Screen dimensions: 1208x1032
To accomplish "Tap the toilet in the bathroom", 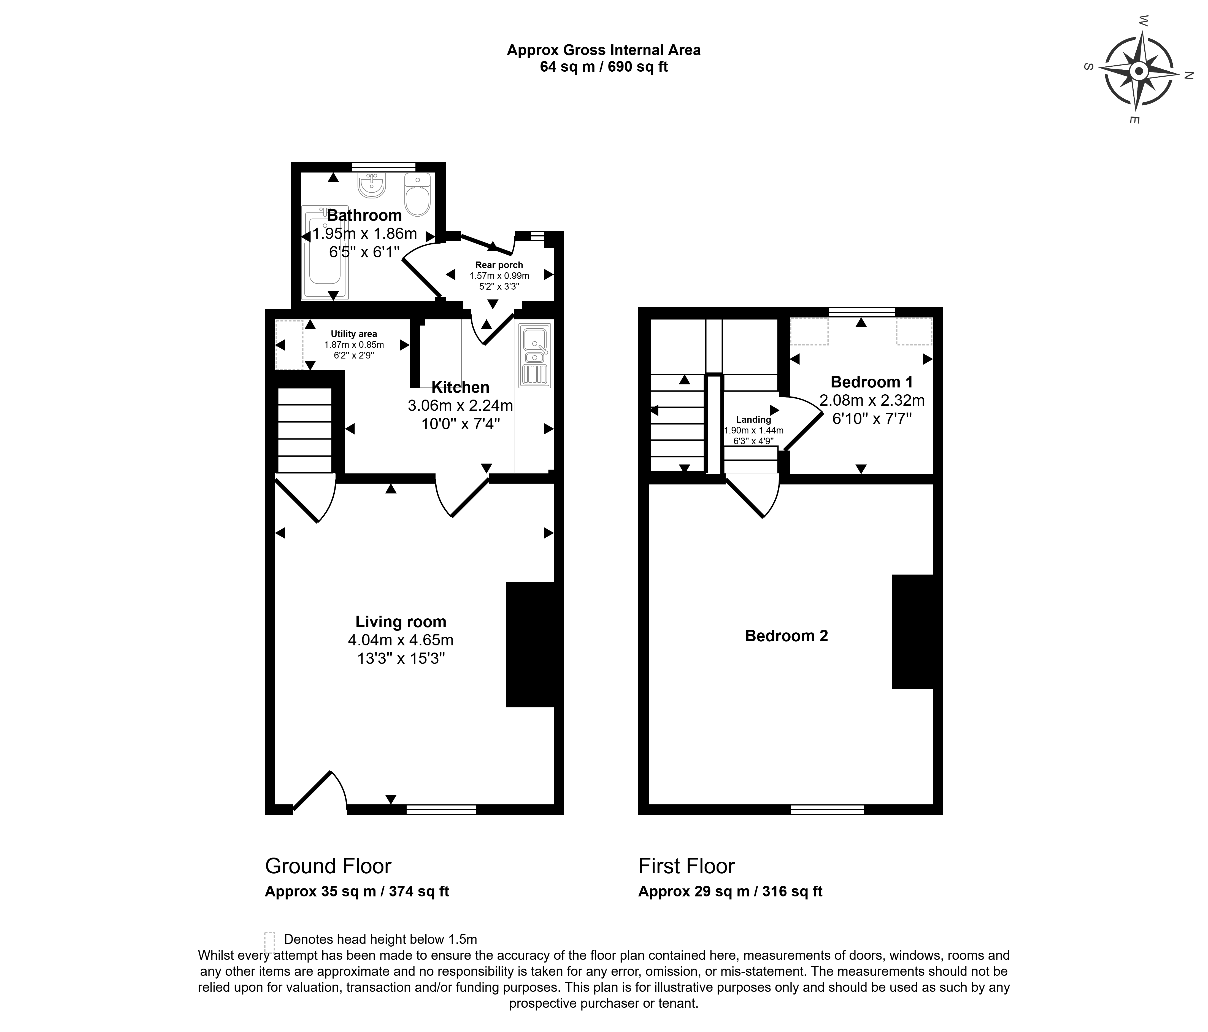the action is click(x=417, y=195).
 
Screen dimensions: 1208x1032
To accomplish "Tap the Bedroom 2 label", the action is click(x=787, y=635).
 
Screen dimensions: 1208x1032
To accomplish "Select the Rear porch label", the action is click(x=499, y=265).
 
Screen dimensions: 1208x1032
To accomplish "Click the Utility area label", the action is click(x=354, y=334).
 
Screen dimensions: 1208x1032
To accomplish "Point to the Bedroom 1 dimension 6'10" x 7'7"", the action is click(x=872, y=419).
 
